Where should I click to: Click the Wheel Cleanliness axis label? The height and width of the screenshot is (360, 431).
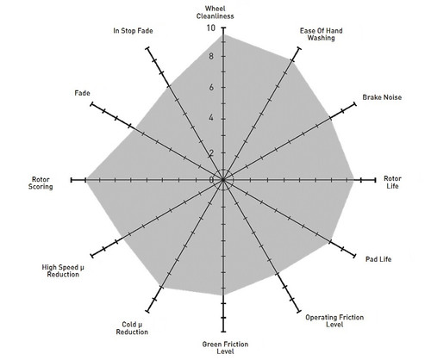(215, 12)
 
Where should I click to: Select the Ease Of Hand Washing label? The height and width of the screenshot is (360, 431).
(321, 34)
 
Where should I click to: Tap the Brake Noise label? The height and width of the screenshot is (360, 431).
(382, 97)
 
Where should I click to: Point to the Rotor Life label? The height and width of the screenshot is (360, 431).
(392, 183)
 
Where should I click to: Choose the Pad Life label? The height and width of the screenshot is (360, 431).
(378, 259)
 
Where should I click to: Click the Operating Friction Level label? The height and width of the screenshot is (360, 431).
(334, 321)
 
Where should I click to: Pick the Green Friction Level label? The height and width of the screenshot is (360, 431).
(225, 348)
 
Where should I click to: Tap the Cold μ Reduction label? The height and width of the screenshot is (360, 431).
(132, 328)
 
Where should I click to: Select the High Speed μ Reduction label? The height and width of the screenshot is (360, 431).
(63, 270)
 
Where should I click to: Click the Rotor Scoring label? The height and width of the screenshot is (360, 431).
(41, 183)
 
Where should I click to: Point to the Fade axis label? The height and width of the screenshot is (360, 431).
(82, 93)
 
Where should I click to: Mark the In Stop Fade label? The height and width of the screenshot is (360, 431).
(133, 31)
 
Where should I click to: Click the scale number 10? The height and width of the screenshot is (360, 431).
(210, 28)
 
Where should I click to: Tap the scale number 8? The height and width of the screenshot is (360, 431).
(211, 56)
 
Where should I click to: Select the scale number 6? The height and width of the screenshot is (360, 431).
(211, 87)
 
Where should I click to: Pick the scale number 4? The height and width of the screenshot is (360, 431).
(211, 118)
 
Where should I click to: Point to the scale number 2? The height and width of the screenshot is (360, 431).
(211, 153)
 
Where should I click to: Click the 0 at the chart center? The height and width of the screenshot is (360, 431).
(211, 180)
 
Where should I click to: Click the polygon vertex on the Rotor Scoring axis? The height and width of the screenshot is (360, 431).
(87, 180)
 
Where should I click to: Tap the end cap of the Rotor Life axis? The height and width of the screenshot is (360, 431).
(375, 180)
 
